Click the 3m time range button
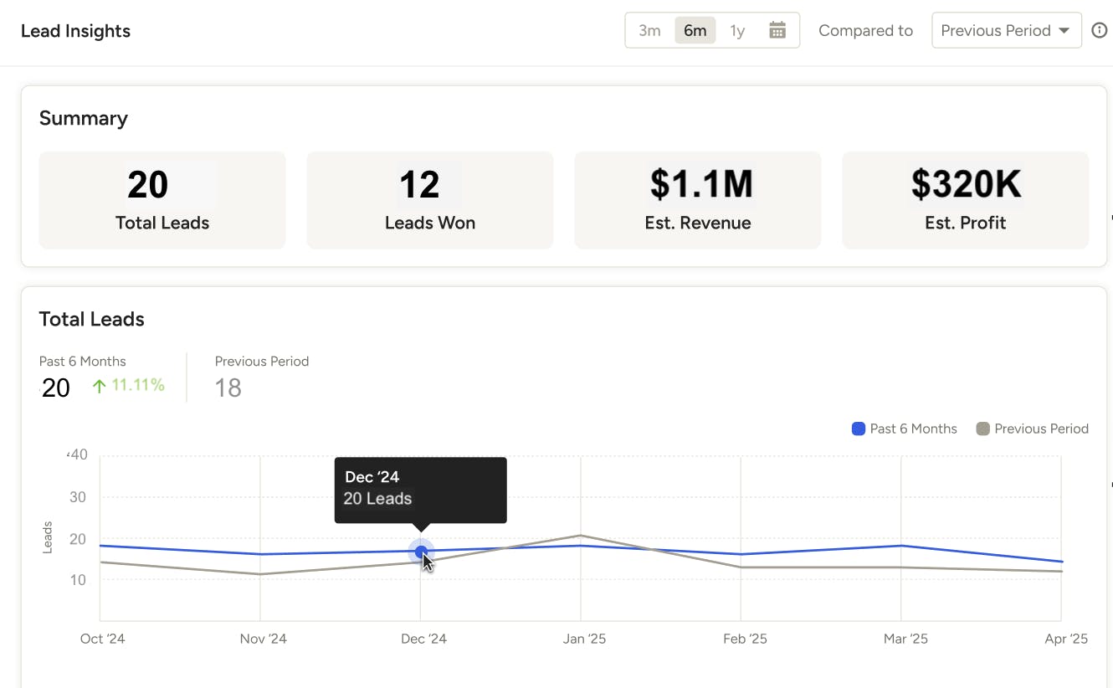[x=649, y=31]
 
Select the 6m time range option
[x=695, y=31]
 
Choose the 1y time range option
[x=737, y=31]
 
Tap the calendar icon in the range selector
[x=777, y=31]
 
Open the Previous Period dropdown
[x=1006, y=31]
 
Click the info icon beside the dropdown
[x=1100, y=31]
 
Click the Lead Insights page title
[x=75, y=31]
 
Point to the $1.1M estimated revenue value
[x=701, y=184]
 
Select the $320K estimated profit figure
[x=966, y=184]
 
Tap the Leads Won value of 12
[x=419, y=184]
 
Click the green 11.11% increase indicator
[x=129, y=386]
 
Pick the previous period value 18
[x=228, y=388]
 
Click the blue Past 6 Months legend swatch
[x=858, y=429]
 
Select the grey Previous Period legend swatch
[x=982, y=429]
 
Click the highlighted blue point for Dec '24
[x=421, y=552]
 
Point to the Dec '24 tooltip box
[x=420, y=490]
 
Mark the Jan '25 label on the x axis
[x=584, y=639]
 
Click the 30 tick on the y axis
[x=78, y=497]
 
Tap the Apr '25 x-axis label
[x=1067, y=639]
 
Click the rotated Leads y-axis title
[x=48, y=537]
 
